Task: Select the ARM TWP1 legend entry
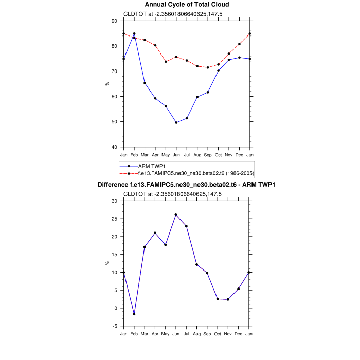[x=147, y=166]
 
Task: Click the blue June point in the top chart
[x=176, y=123]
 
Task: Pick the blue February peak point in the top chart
[x=134, y=34]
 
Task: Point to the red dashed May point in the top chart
[x=166, y=62]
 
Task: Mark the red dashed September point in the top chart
[x=208, y=67]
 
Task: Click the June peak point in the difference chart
[x=176, y=215]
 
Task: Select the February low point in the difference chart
[x=134, y=314]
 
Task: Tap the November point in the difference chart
[x=229, y=299]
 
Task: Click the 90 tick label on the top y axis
[x=114, y=21]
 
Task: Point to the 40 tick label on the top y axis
[x=114, y=147]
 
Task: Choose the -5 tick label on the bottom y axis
[x=115, y=326]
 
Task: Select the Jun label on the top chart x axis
[x=176, y=154]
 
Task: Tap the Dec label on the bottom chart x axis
[x=239, y=333]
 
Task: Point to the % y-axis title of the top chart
[x=107, y=84]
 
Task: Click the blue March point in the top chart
[x=145, y=83]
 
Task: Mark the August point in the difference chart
[x=197, y=264]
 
